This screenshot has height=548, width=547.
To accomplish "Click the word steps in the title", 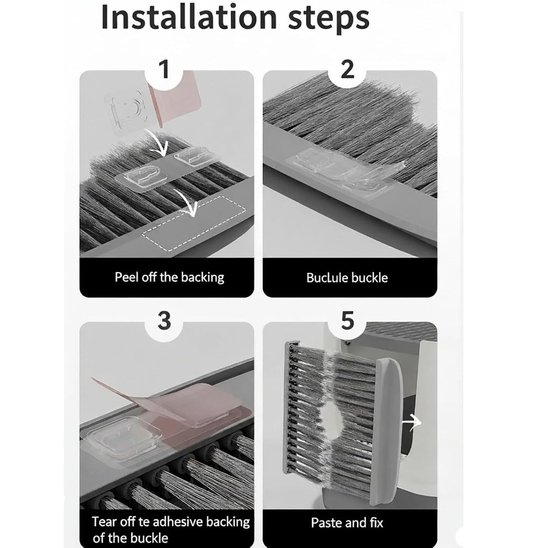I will point(328,18).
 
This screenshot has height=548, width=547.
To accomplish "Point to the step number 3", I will point(164,321).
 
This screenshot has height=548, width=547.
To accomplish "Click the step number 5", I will point(347,321).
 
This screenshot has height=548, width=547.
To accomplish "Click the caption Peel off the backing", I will point(169,277).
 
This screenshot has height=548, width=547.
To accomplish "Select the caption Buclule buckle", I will point(347,278).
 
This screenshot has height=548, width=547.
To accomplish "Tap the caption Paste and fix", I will point(347,523).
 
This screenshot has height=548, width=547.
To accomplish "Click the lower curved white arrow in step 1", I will point(189,204).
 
